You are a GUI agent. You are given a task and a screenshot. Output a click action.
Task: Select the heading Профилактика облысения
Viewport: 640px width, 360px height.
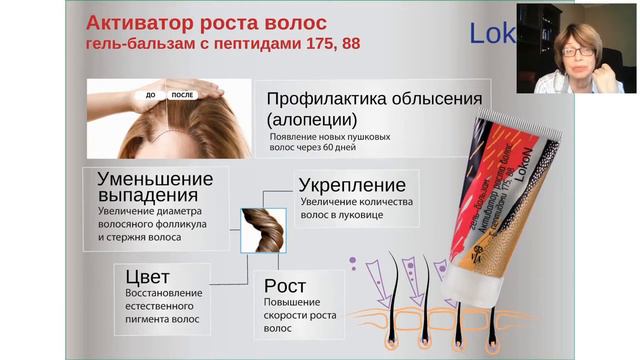point(374,99)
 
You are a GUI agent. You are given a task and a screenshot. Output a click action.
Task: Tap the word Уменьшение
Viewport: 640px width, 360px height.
point(155,179)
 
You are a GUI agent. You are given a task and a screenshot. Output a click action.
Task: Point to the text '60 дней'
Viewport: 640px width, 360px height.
point(339,147)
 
